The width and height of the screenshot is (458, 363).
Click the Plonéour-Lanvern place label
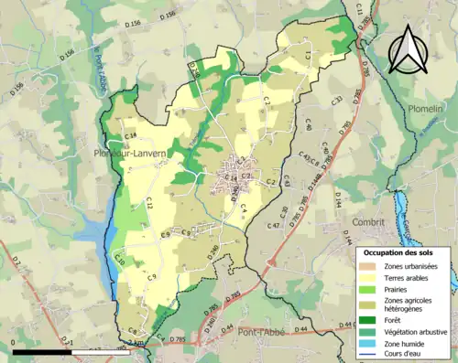129,154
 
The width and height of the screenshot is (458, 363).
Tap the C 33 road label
336,100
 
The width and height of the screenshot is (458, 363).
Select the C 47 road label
273,225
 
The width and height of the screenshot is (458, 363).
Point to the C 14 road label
130,135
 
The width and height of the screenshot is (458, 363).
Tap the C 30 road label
285,212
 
